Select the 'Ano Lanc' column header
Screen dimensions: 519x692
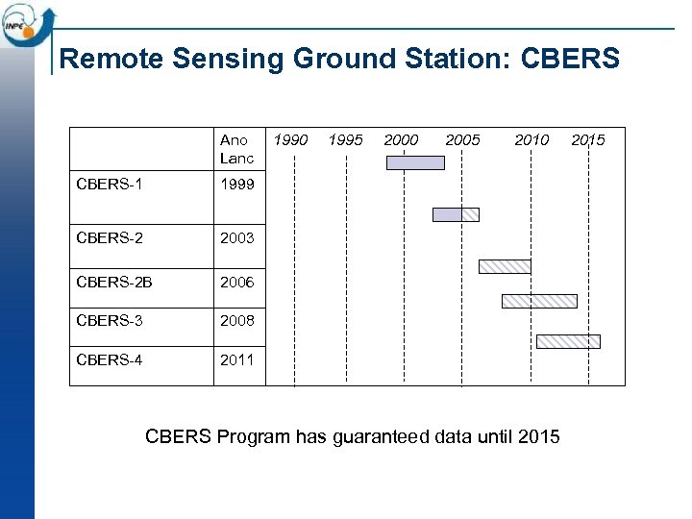pyautogui.click(x=236, y=149)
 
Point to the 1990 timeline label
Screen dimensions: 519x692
pyautogui.click(x=290, y=140)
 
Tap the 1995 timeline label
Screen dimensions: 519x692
pyautogui.click(x=345, y=140)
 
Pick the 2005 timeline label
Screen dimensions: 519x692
pyautogui.click(x=462, y=140)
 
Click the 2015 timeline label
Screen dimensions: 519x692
pyautogui.click(x=588, y=140)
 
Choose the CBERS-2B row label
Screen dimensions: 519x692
pyautogui.click(x=113, y=283)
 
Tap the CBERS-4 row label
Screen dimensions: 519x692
pyautogui.click(x=109, y=359)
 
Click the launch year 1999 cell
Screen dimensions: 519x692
pyautogui.click(x=236, y=184)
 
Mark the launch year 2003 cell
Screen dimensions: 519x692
pyautogui.click(x=236, y=237)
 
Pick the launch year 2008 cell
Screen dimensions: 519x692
pyautogui.click(x=236, y=320)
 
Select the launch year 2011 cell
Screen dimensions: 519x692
pyautogui.click(x=236, y=359)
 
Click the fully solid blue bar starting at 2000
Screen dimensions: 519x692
pyautogui.click(x=415, y=162)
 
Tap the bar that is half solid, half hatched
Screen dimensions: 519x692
pyautogui.click(x=456, y=214)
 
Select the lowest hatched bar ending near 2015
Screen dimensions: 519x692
pyautogui.click(x=568, y=341)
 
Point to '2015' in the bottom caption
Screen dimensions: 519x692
pyautogui.click(x=538, y=437)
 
